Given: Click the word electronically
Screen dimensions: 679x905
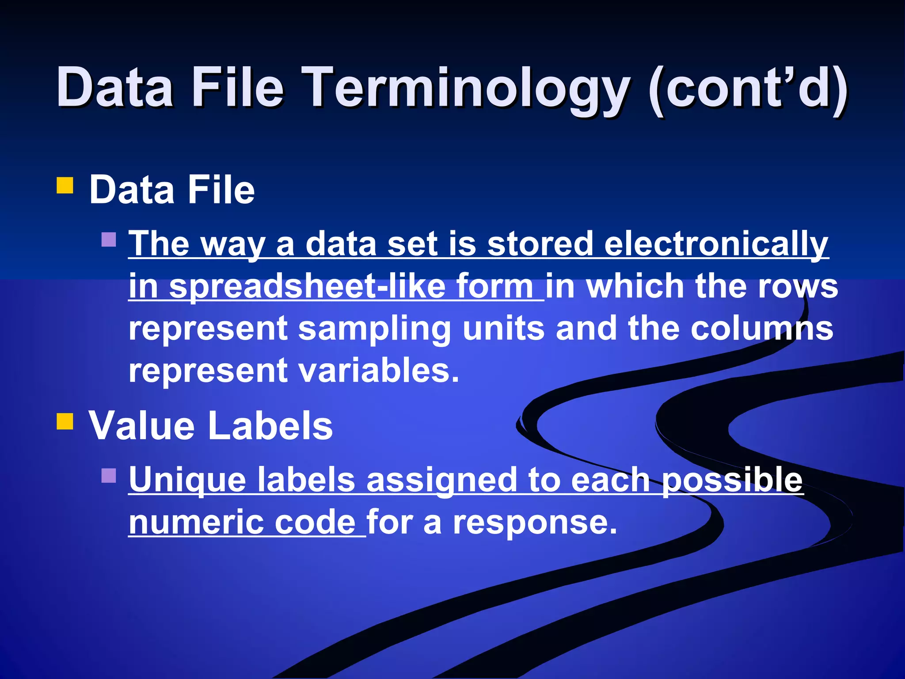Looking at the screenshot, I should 716,244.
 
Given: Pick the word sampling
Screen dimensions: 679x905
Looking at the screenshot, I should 375,329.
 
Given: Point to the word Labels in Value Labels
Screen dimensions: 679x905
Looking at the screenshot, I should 270,425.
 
